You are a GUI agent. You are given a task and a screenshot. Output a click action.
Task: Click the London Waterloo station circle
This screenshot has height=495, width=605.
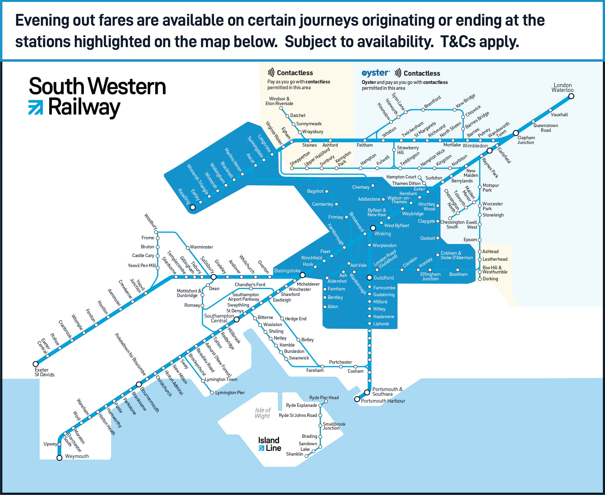pyautogui.click(x=571, y=96)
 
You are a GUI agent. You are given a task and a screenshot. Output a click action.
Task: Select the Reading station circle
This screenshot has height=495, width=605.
pyautogui.click(x=193, y=207)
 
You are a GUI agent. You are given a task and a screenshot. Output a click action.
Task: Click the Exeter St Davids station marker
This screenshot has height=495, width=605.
pyautogui.click(x=36, y=364)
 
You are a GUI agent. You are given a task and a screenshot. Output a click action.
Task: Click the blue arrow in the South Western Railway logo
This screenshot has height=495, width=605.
pyautogui.click(x=36, y=107)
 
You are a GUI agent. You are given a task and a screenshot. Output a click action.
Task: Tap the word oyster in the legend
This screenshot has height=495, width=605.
pyautogui.click(x=375, y=73)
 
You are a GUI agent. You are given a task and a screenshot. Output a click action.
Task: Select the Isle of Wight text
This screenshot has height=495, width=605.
pyautogui.click(x=263, y=413)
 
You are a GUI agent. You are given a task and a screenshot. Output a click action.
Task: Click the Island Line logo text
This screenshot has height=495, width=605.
pyautogui.click(x=269, y=444)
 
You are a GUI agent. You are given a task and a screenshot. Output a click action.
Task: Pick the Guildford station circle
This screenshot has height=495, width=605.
pyautogui.click(x=369, y=277)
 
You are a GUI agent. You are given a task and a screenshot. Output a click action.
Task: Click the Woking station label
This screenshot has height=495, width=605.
pyautogui.click(x=382, y=233)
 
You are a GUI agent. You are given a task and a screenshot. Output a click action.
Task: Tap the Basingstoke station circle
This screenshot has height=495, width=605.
pyautogui.click(x=302, y=275)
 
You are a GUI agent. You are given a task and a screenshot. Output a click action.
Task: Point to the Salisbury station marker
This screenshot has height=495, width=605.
pyautogui.click(x=213, y=277)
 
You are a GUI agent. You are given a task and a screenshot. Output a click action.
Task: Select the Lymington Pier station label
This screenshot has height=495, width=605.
pyautogui.click(x=230, y=393)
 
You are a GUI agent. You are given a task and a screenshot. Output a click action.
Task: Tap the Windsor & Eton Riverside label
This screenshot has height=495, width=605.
pyautogui.click(x=279, y=101)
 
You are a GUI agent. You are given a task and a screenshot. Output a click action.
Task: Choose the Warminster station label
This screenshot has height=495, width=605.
pyautogui.click(x=201, y=247)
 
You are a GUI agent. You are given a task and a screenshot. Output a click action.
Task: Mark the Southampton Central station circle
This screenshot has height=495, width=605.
pyautogui.click(x=236, y=320)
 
